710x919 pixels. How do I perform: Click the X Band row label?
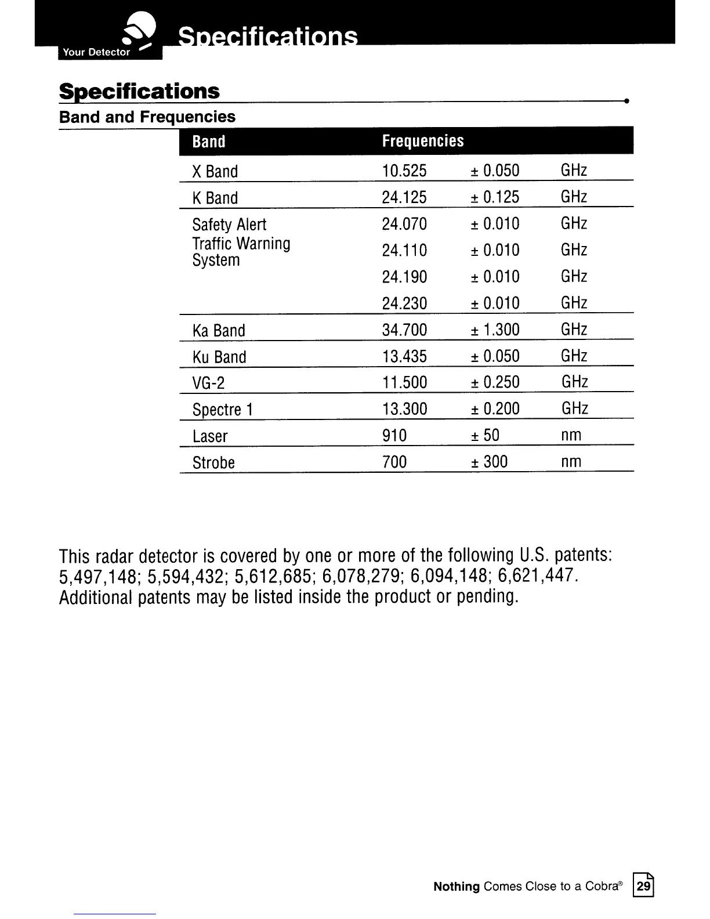point(215,172)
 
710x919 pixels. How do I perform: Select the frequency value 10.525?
point(404,171)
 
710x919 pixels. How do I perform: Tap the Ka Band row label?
point(219,331)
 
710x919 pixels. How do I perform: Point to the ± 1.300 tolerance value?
point(495,330)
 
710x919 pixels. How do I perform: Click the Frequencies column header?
point(423,141)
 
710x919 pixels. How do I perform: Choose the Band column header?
point(209,142)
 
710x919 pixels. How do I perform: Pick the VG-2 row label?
point(208,383)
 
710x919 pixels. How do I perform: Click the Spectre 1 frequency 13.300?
point(404,408)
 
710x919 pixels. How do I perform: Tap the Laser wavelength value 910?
point(394,435)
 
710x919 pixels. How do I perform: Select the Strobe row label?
point(213,463)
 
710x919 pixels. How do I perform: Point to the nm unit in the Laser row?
point(571,435)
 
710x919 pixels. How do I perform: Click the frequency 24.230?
point(404,303)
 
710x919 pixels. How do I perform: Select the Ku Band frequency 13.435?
point(404,356)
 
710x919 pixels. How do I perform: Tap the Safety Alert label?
point(229,225)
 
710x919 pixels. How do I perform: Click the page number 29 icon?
point(643,886)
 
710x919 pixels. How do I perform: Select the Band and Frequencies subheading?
point(147,117)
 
